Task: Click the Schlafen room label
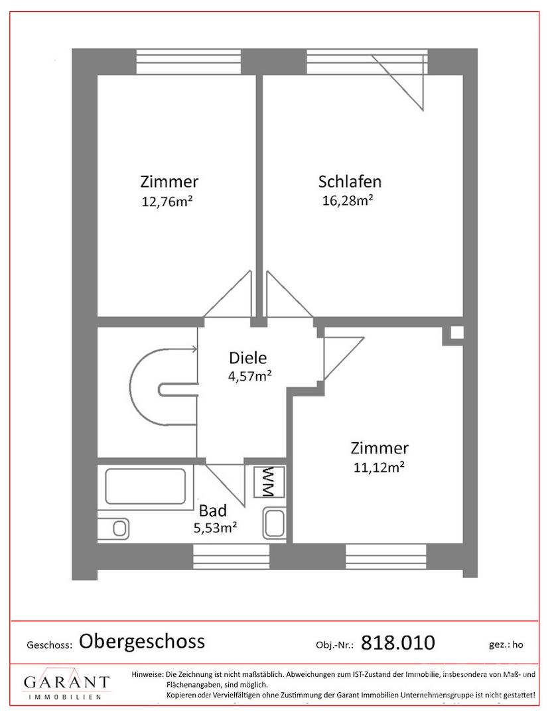350,182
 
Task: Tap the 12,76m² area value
167,202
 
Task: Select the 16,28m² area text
348,200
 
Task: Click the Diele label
247,357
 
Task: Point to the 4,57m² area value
250,377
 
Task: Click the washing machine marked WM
269,481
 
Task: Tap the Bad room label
213,510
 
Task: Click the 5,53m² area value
215,528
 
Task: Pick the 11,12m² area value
379,467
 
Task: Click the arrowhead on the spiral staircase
194,349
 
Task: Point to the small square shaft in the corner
457,333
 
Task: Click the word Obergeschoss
141,641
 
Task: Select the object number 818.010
398,642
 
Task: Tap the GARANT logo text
67,682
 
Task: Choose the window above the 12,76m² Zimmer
188,62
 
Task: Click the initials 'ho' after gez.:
517,645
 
